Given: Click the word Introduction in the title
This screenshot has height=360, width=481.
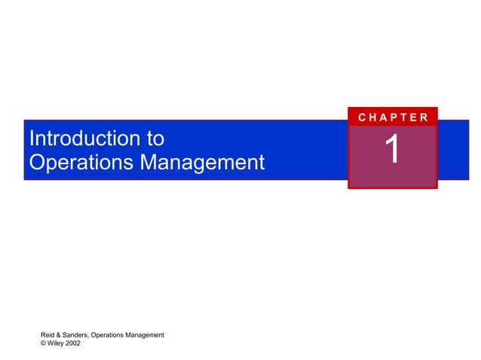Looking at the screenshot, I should pos(84,139).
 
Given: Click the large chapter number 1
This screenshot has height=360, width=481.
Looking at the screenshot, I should pos(392,150).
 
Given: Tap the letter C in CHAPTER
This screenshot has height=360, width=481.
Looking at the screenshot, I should pos(363,117).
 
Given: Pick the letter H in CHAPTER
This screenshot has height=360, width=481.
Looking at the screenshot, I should pos(373,117).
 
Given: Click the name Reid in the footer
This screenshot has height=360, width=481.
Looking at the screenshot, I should pos(48,335).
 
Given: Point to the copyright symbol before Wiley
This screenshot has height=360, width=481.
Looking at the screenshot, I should pos(43,343).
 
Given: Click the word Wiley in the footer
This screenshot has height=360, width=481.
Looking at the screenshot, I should pos(56,343).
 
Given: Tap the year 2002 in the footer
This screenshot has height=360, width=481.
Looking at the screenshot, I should pos(74,343).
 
